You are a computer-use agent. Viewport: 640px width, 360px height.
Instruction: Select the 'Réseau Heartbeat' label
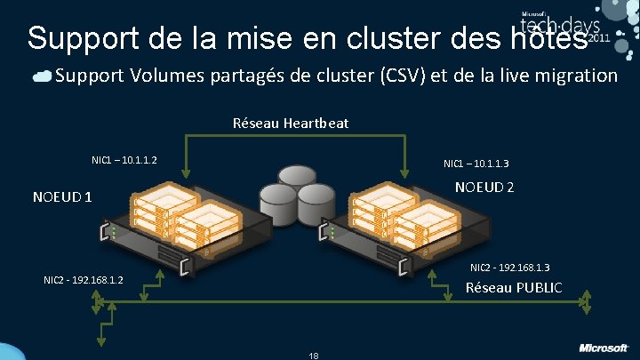coord(291,122)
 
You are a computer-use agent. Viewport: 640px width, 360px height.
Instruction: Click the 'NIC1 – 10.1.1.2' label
coord(124,160)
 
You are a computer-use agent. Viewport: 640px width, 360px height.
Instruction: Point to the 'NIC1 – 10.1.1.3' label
coord(482,163)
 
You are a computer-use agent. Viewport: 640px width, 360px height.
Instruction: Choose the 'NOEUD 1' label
coord(62,196)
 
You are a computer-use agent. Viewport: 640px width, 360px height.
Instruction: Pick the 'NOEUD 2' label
coord(484,188)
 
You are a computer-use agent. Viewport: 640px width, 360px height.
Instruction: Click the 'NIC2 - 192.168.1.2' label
coord(84,281)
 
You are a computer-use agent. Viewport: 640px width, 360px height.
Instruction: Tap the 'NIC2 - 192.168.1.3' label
coord(509,268)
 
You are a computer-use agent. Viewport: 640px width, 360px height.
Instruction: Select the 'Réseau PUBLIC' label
coord(514,287)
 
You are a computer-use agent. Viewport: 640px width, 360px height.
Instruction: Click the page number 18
coord(313,355)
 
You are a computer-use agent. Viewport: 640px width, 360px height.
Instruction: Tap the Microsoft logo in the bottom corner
coord(604,348)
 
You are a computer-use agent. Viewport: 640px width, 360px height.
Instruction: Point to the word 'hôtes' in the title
coord(551,37)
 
